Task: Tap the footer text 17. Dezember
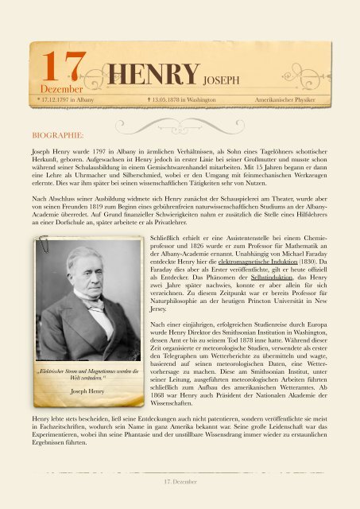coord(180,481)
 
